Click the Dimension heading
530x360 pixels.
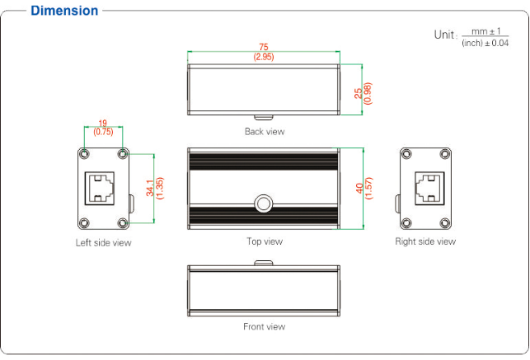pyautogui.click(x=64, y=11)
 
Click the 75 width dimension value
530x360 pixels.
pyautogui.click(x=264, y=47)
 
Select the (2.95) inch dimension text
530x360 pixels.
pyautogui.click(x=264, y=57)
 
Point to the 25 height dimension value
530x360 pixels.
pyautogui.click(x=358, y=91)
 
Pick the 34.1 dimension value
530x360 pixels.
pyautogui.click(x=149, y=188)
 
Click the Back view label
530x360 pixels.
pyautogui.click(x=265, y=131)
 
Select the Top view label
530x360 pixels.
pyautogui.click(x=265, y=241)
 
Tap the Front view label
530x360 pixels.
pyautogui.click(x=265, y=326)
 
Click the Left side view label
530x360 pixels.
pyautogui.click(x=103, y=242)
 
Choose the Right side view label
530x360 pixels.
pyautogui.click(x=425, y=241)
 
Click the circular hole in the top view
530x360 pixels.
pyautogui.click(x=264, y=202)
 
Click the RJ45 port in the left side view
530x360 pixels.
pyautogui.click(x=102, y=188)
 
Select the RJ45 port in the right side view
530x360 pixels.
pyautogui.click(x=425, y=188)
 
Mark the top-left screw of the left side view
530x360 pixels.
pyautogui.click(x=84, y=154)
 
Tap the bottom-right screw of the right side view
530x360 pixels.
pyautogui.click(x=444, y=221)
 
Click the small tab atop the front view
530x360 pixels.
pyautogui.click(x=264, y=263)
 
